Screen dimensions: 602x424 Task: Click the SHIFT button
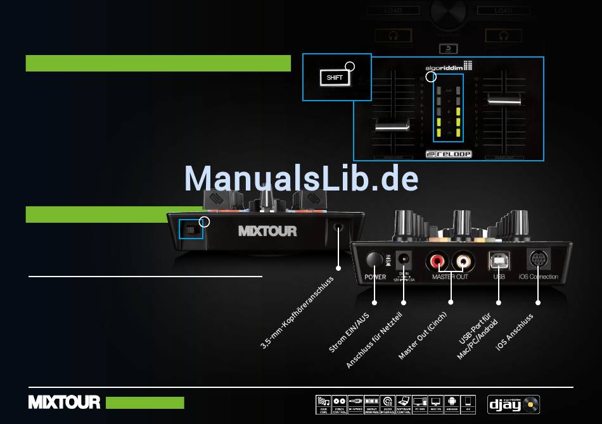(x=334, y=78)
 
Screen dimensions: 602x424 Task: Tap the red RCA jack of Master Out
(x=438, y=259)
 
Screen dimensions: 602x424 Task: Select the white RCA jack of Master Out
(x=462, y=259)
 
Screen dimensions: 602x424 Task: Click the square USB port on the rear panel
(x=499, y=259)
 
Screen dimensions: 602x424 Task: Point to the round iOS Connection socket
(x=538, y=259)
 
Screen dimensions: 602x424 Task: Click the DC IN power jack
(x=403, y=258)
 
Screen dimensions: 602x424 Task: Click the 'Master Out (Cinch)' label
(x=422, y=336)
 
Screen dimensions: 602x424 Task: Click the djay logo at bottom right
(x=514, y=402)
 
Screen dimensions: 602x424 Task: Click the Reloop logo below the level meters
(x=448, y=154)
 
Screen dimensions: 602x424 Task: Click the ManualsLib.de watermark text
(x=302, y=178)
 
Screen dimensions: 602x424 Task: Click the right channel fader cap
(x=504, y=99)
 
